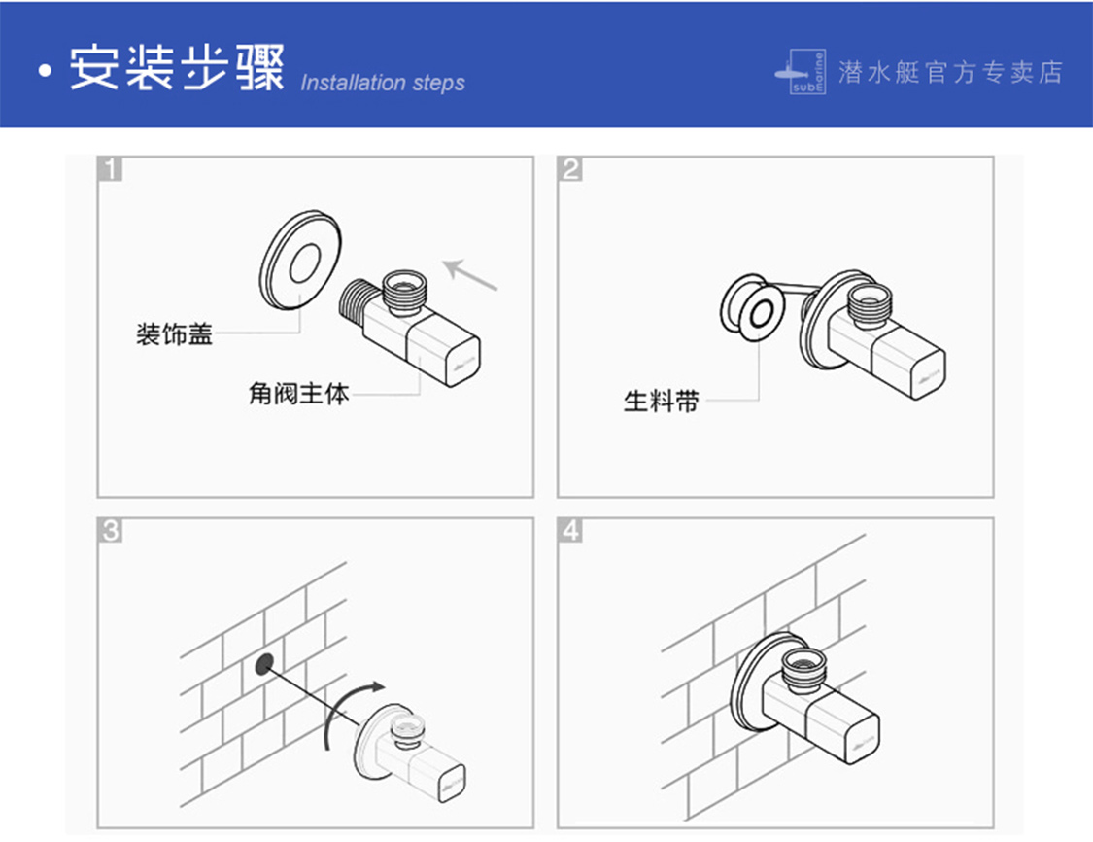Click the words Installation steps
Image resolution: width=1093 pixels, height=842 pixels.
tap(382, 83)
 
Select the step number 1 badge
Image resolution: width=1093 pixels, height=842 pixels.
tap(112, 169)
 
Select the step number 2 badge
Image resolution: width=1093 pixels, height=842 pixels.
tap(571, 169)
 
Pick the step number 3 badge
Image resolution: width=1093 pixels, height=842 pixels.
tap(112, 531)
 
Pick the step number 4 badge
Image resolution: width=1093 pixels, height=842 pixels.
tap(571, 531)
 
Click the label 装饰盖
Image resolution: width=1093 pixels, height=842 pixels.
tap(174, 335)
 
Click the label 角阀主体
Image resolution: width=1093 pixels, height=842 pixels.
tap(298, 395)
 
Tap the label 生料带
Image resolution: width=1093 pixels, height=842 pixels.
tap(661, 401)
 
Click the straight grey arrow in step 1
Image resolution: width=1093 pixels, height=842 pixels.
tap(470, 274)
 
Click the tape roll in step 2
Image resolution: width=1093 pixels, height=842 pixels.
tap(754, 308)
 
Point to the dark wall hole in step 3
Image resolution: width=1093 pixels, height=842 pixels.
tap(263, 664)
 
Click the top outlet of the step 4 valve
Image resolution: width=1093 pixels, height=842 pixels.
tap(805, 669)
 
